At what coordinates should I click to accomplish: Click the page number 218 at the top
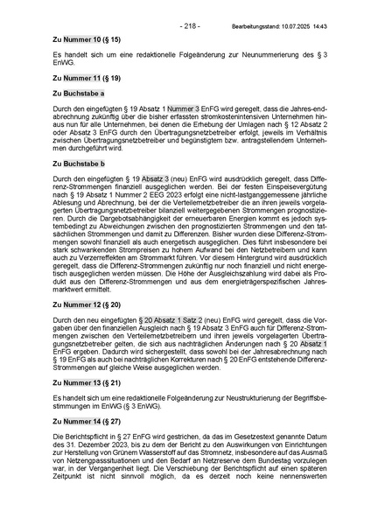tap(190, 26)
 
